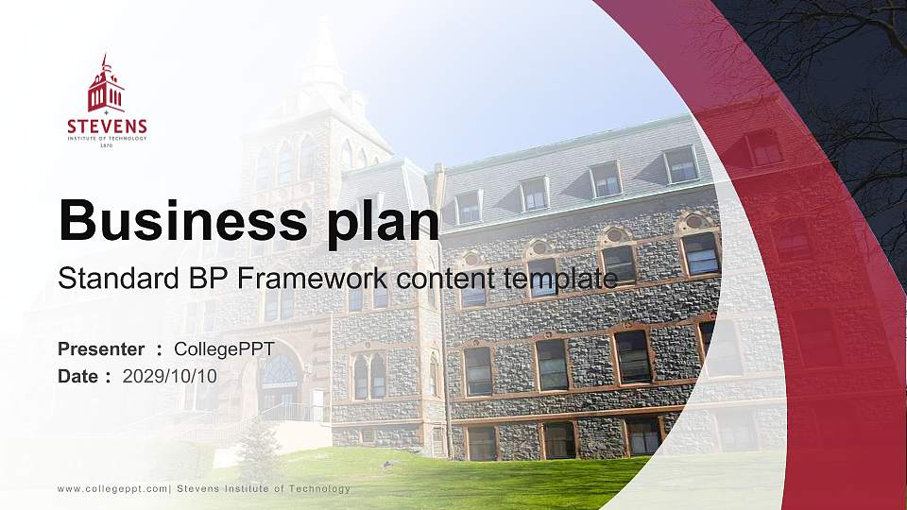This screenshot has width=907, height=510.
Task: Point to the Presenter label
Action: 101,349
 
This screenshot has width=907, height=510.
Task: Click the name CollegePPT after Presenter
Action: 224,349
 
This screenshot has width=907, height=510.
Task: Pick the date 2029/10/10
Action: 170,376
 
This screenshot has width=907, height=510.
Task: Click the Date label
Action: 79,376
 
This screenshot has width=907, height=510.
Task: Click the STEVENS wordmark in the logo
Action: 107,127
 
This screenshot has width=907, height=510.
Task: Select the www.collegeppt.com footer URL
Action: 112,488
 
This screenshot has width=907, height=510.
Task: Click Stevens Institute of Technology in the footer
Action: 264,488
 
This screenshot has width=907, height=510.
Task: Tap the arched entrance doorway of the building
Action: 279,382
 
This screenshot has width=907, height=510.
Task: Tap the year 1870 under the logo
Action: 107,146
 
